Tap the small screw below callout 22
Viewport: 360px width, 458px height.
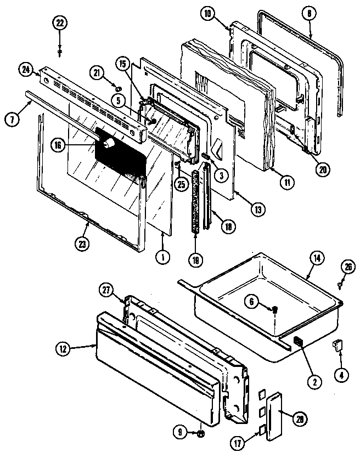60,52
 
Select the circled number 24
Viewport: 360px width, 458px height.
25,70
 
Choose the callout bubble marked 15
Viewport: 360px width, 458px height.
122,64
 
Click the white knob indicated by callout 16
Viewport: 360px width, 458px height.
109,144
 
